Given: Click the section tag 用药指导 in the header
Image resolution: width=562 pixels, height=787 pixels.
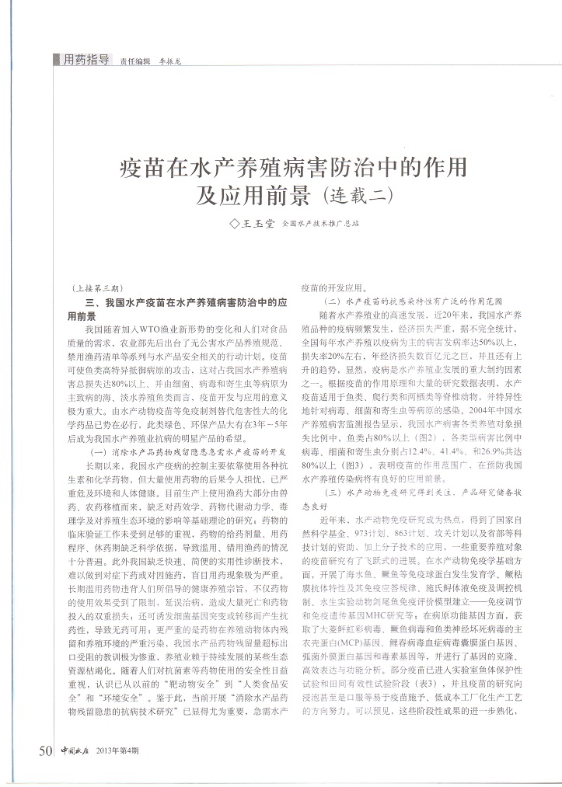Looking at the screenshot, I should [85, 60].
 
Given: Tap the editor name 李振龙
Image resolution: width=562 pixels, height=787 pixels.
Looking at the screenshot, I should [169, 61].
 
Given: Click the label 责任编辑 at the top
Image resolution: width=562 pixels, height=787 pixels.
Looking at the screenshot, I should [134, 61].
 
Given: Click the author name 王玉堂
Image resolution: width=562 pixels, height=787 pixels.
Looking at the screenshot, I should [257, 224].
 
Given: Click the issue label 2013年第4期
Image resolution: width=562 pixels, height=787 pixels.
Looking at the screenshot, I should [117, 750].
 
